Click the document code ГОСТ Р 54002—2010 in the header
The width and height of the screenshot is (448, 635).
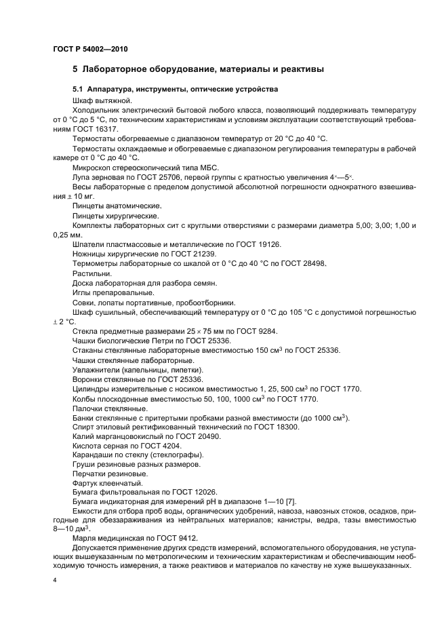click(x=90, y=50)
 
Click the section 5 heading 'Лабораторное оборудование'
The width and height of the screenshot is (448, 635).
click(x=146, y=69)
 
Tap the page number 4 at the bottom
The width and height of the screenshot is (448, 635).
click(x=54, y=581)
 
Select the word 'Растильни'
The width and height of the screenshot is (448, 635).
click(x=87, y=273)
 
